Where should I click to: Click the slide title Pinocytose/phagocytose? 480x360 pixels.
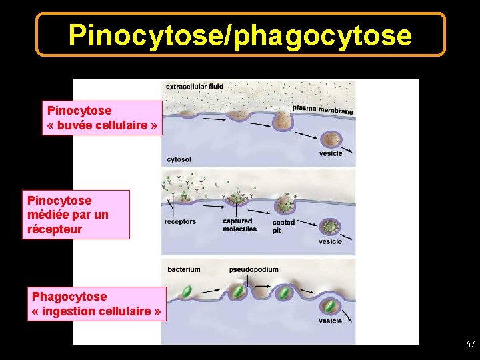240,35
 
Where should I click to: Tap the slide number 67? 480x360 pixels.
471,345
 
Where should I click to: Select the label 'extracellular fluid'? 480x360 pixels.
195,86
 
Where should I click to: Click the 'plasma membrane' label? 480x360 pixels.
323,109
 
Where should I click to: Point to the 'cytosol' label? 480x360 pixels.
179,159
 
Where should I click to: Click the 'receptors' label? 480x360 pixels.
180,221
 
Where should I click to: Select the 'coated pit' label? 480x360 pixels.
283,226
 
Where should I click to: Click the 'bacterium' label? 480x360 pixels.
184,269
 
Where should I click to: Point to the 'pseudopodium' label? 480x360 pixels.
253,269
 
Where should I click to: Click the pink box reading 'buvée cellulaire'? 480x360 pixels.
103,118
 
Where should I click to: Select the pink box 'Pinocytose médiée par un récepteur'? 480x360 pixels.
76,215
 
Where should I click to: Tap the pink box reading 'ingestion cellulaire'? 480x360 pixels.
97,304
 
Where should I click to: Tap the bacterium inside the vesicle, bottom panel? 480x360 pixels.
330,306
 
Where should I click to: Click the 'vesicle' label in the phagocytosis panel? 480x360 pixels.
330,321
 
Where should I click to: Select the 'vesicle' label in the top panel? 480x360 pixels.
331,153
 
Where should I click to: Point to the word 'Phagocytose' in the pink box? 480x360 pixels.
69,296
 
